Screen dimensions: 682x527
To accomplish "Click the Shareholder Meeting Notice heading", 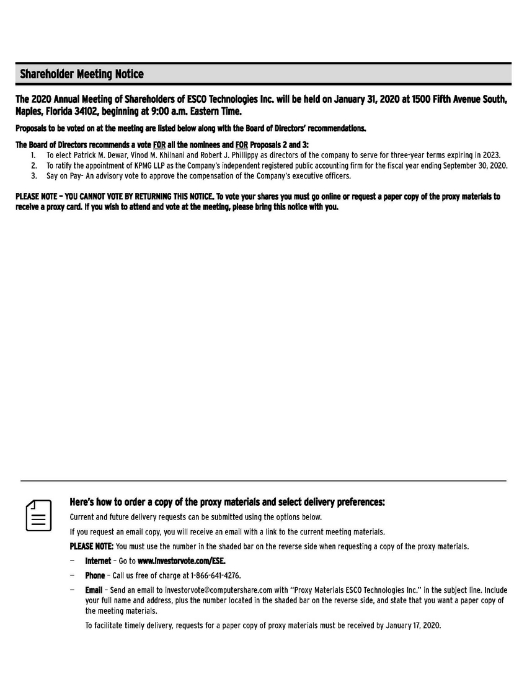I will coord(81,74).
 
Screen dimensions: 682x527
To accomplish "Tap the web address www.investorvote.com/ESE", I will coord(182,561).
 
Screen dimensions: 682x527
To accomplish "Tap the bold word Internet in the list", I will coord(98,561).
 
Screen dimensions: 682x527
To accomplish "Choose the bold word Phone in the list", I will coord(95,576).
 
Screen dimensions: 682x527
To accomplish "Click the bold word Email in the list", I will coord(94,590).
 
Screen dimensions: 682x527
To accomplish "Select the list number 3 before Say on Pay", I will coord(33,176).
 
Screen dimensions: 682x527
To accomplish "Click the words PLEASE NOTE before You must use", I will coord(91,547).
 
